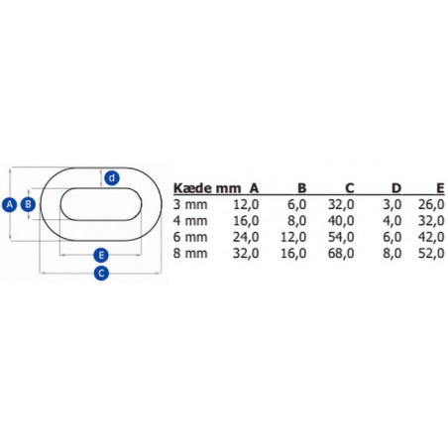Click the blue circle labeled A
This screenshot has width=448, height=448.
9,204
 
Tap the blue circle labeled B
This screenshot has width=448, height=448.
29,204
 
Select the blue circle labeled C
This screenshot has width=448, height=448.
100,274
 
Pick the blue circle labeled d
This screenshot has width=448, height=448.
112,178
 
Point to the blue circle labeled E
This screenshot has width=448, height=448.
100,253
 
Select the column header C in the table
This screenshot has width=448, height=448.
348,187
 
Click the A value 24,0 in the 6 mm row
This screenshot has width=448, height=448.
246,238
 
